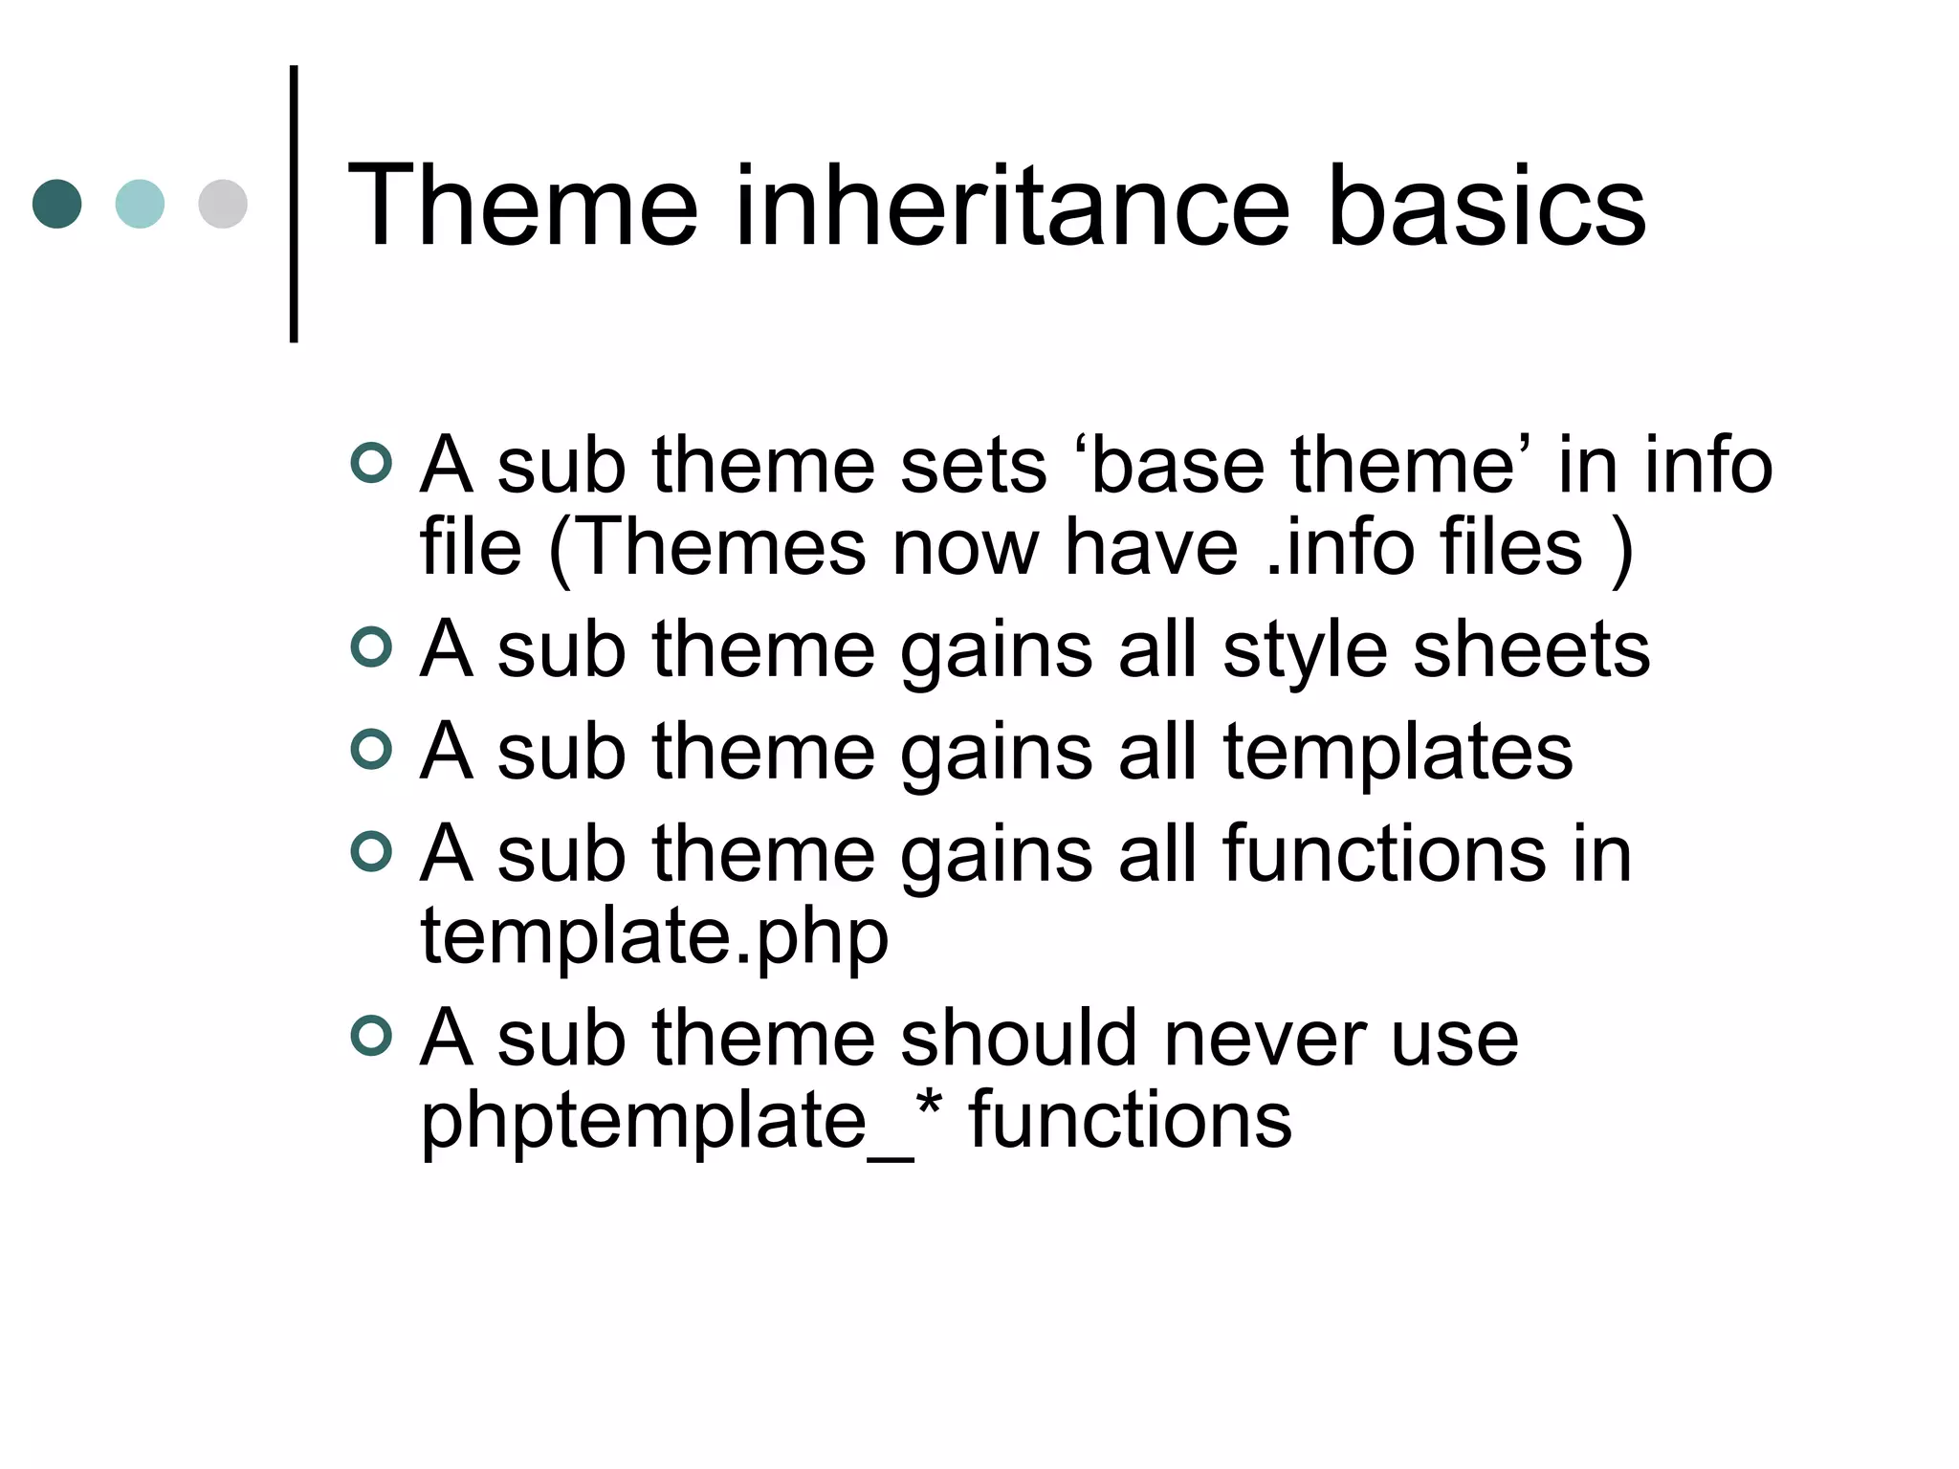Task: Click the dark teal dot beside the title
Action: (x=56, y=204)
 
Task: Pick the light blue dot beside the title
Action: (x=140, y=204)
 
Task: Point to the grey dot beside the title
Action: (x=223, y=204)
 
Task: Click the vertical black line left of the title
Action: (x=294, y=204)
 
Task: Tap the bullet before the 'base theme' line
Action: (x=371, y=464)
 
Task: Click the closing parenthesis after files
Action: (x=1620, y=549)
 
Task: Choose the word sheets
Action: (x=1531, y=650)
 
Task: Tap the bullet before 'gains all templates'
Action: (x=371, y=749)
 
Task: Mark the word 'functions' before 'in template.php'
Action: (x=1383, y=853)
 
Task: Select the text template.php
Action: (x=654, y=938)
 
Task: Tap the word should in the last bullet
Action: (x=1019, y=1039)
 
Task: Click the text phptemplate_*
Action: (x=681, y=1121)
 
